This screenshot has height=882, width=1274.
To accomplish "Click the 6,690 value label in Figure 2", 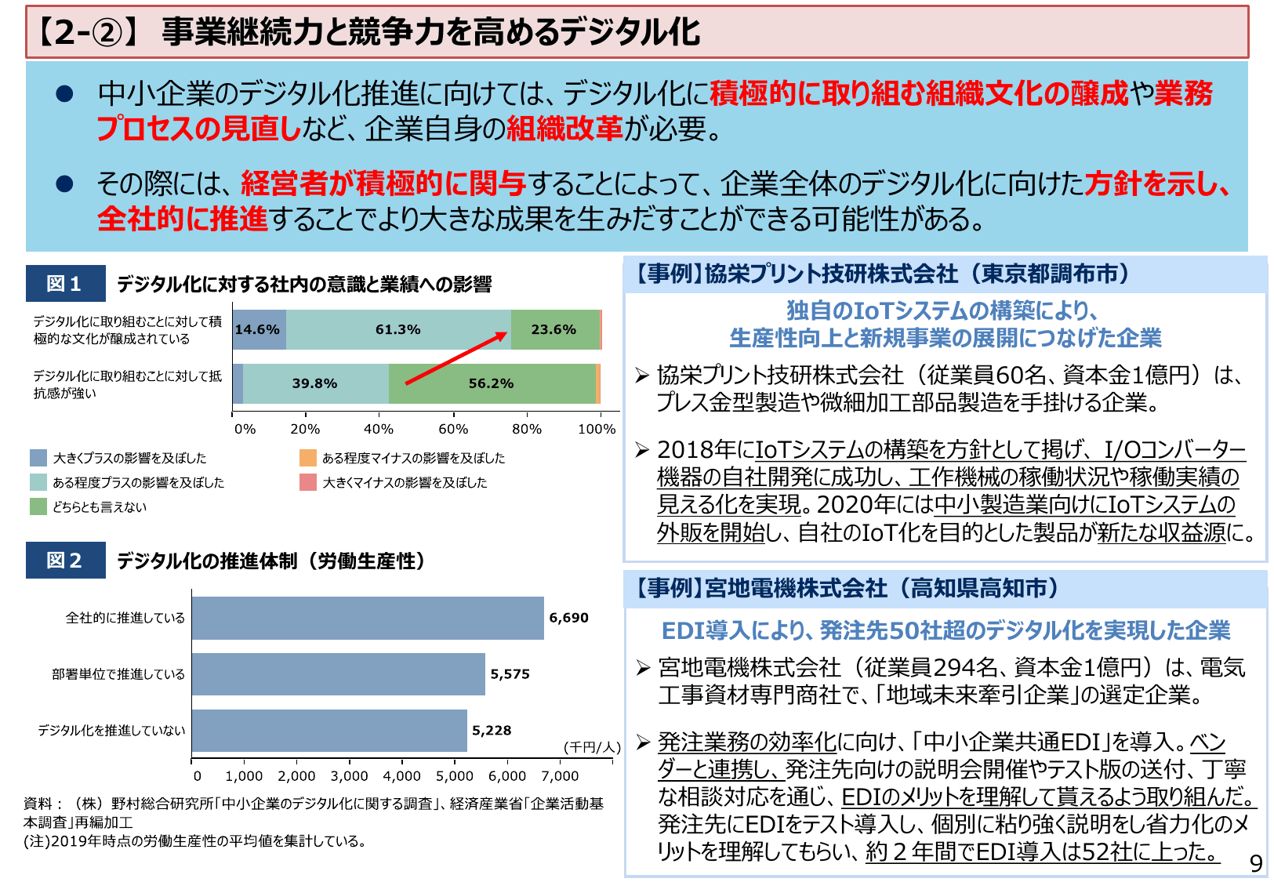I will (x=568, y=618).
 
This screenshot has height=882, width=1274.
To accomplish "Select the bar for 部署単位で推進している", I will (x=338, y=674).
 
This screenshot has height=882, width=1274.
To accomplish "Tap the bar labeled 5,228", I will (x=329, y=731).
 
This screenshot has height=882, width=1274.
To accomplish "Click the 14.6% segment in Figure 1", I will (x=258, y=329).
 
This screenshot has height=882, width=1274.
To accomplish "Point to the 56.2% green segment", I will (x=492, y=383).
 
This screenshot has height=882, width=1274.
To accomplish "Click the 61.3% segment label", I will (x=397, y=329).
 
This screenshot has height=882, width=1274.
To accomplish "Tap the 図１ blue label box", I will (x=65, y=284).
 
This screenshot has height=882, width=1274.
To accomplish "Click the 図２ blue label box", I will (x=65, y=561).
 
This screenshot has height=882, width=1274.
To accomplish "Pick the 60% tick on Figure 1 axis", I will (x=453, y=429).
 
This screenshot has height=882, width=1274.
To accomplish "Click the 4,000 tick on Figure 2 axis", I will (x=401, y=776).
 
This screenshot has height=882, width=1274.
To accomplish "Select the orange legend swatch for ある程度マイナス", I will (x=307, y=458).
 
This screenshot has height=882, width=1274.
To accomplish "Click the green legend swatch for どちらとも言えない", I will (x=38, y=506).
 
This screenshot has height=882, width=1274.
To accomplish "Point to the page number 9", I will (x=1255, y=863).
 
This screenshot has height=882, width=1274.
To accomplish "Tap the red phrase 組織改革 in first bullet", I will (x=564, y=129).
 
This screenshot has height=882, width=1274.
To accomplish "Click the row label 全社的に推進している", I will (x=125, y=618).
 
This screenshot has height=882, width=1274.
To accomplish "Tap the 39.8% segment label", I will (x=314, y=383).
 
